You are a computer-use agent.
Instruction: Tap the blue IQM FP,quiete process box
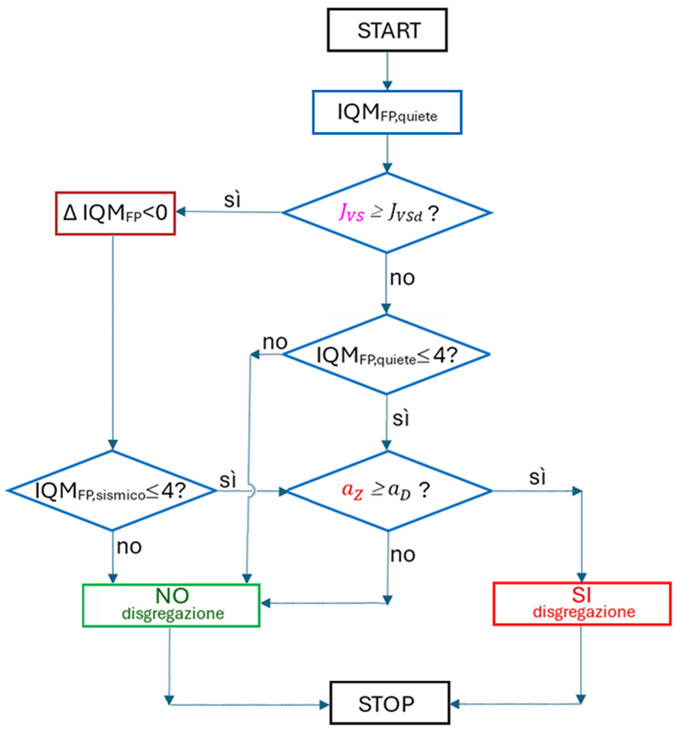click(x=387, y=112)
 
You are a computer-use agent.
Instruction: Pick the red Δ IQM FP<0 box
click(x=114, y=212)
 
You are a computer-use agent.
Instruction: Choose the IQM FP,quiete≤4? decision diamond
click(x=387, y=354)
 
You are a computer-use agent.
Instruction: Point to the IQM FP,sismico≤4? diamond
click(x=113, y=491)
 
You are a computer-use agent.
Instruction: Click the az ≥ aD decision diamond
click(x=387, y=491)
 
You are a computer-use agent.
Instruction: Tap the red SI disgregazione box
click(x=582, y=603)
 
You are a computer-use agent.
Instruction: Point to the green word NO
click(x=173, y=595)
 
